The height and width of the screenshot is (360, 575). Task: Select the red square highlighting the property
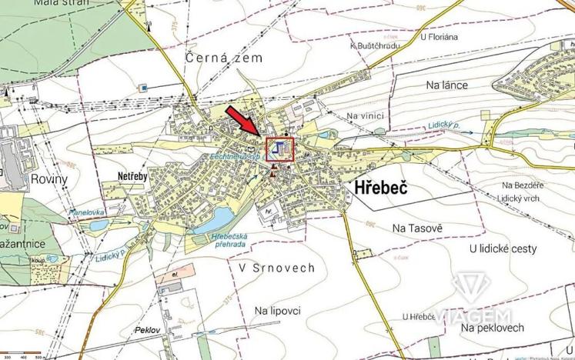(280, 148)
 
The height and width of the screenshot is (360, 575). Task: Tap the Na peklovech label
(493, 328)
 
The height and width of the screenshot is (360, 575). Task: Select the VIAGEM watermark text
(472, 315)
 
